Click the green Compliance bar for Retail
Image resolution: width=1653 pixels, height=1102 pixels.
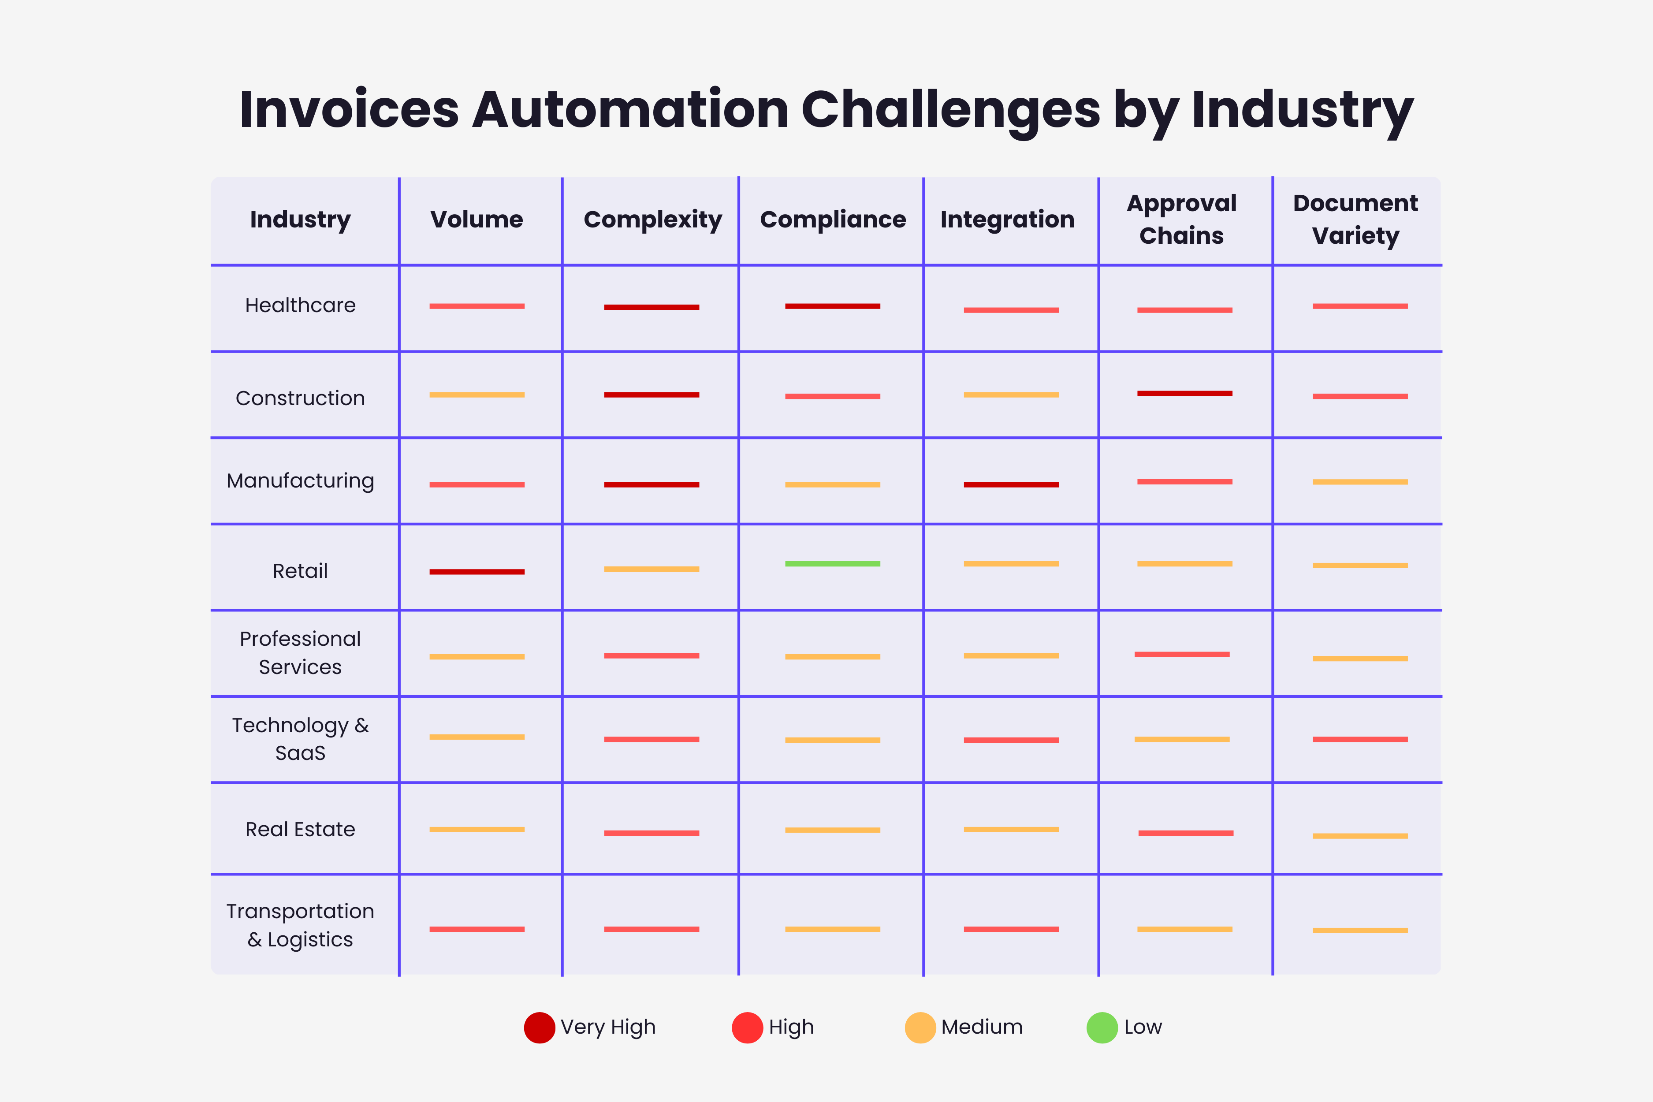tap(832, 564)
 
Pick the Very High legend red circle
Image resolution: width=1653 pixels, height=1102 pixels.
tap(539, 1028)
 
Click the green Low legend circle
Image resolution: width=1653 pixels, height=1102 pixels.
tap(1102, 1028)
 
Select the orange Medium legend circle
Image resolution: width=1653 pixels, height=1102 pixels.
tap(920, 1028)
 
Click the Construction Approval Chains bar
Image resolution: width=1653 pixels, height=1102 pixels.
tap(1184, 394)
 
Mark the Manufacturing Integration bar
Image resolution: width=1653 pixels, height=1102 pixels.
tap(1011, 484)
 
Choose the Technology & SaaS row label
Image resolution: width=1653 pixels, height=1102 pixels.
tap(300, 739)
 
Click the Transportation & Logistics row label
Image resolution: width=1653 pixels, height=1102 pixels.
tap(300, 925)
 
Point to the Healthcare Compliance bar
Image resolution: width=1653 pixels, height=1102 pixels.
tap(832, 306)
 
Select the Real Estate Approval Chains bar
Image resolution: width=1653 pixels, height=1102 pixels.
tap(1186, 833)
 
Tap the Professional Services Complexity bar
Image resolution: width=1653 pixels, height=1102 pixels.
tap(652, 656)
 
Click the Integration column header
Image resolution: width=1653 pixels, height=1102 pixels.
tap(1007, 219)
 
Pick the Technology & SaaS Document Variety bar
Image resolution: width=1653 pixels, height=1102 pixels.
tap(1360, 739)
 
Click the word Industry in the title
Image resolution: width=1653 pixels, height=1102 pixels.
tap(1302, 110)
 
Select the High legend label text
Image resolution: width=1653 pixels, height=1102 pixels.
tap(791, 1028)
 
